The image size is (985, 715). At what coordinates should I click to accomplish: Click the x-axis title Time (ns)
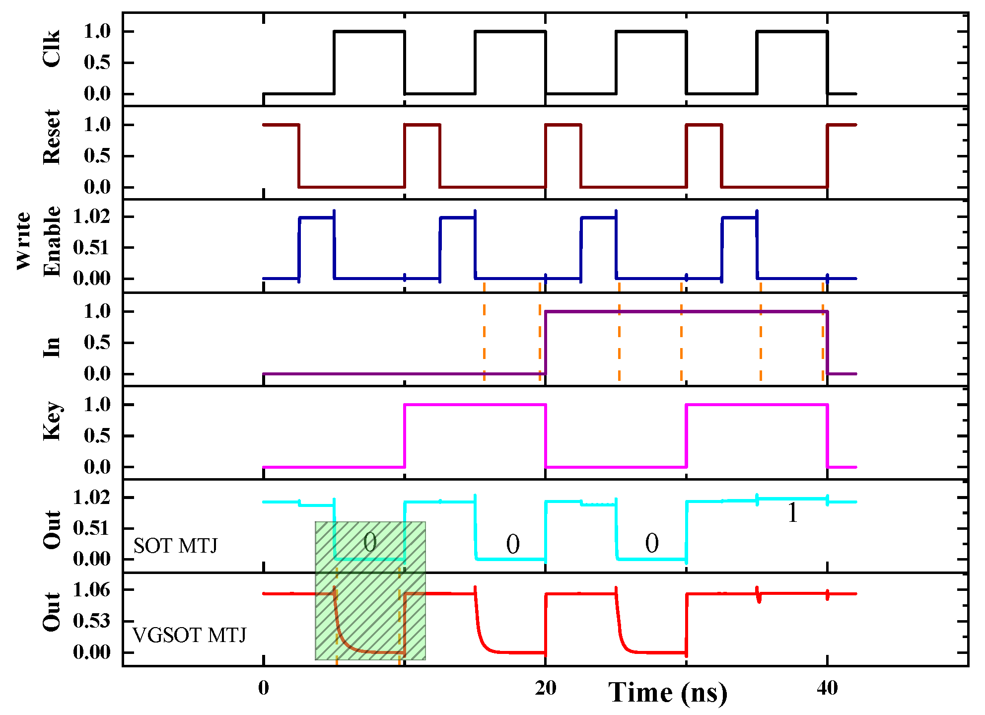pos(668,693)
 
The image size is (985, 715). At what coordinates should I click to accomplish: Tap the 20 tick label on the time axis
pos(546,688)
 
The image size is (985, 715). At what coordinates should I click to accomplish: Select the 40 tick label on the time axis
pos(827,688)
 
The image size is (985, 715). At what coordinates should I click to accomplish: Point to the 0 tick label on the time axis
pos(264,688)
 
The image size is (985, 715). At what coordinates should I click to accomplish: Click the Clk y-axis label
pos(52,49)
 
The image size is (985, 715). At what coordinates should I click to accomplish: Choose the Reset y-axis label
pos(52,138)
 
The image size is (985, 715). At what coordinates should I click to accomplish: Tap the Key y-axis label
pos(52,421)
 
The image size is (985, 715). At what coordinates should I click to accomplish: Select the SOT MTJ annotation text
pos(175,546)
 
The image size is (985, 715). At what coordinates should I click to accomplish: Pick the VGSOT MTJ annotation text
pos(189,636)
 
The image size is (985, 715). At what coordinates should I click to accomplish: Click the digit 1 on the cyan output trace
pos(793,513)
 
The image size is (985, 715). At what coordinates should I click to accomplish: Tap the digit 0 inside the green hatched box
pos(370,542)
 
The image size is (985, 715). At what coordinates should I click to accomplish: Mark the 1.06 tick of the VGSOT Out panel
pos(92,590)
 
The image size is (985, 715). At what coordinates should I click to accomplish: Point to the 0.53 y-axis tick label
pos(92,621)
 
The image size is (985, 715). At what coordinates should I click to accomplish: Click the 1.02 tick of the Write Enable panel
pos(92,216)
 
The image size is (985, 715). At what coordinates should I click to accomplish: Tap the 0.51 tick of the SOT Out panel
pos(92,528)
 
